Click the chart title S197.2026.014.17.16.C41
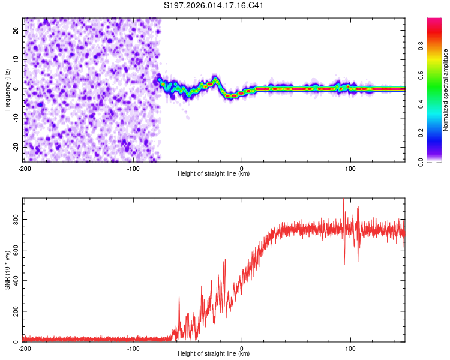click(x=214, y=6)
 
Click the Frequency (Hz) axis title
click(x=7, y=89)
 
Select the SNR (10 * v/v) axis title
click(x=7, y=269)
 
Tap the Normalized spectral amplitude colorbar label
click(x=445, y=90)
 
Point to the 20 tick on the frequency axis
click(x=16, y=30)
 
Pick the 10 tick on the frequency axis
click(x=16, y=59)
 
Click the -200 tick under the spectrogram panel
click(x=25, y=168)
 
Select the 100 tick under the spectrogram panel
click(x=350, y=168)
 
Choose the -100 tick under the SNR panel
click(x=133, y=348)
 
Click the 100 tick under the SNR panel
click(x=350, y=348)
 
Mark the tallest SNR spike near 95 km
click(x=343, y=200)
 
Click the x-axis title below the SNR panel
click(x=214, y=354)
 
